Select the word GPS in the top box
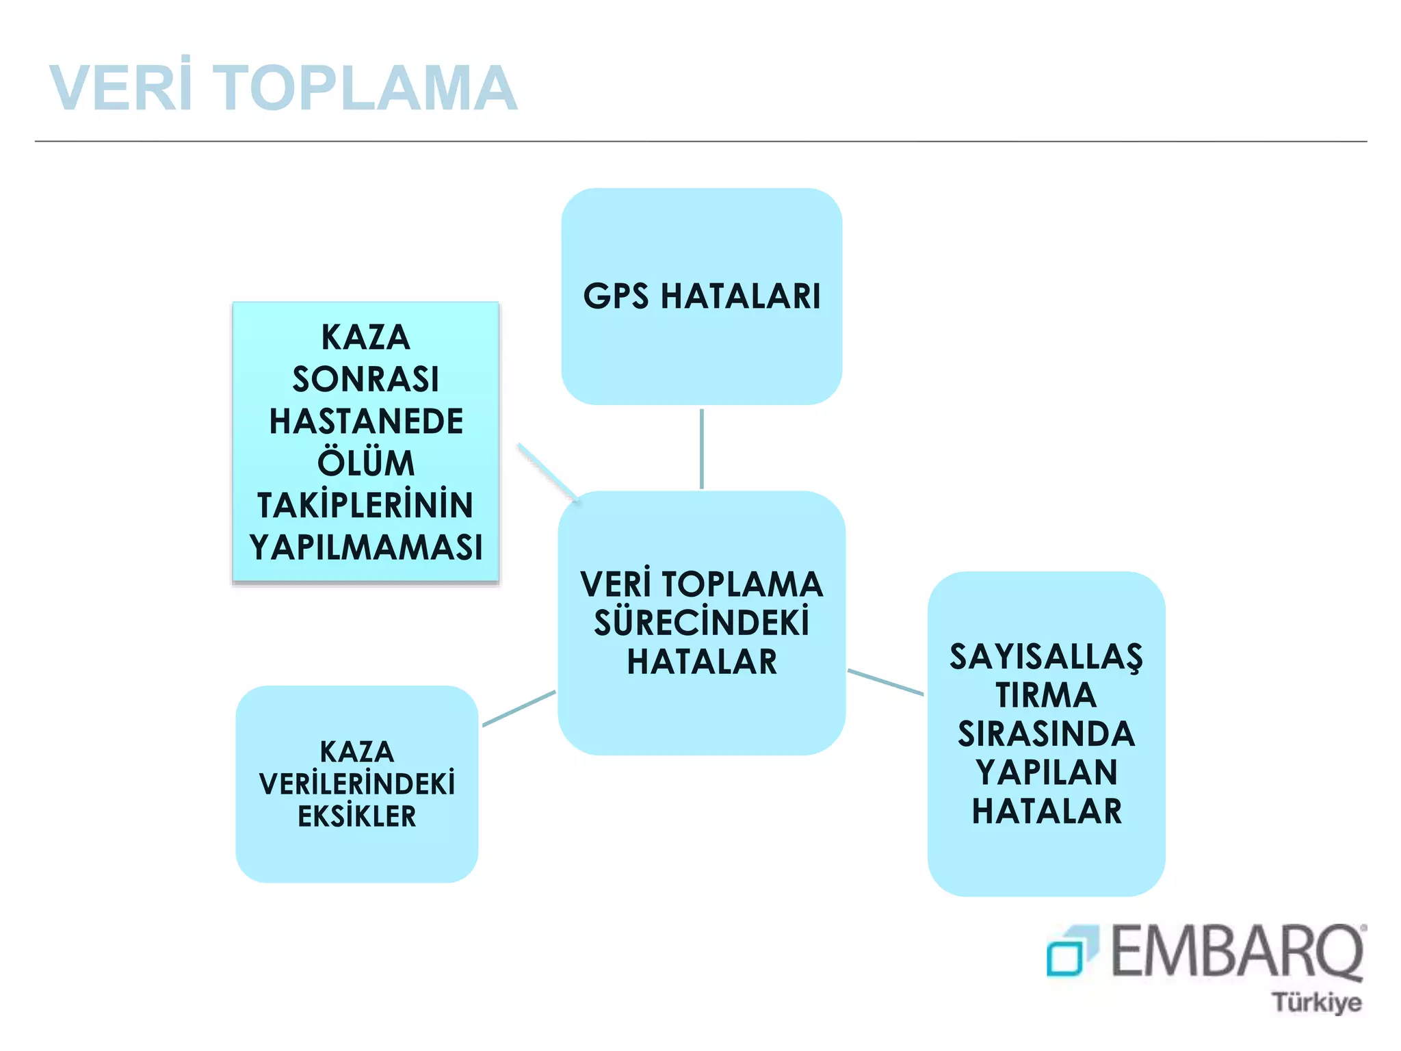click(616, 297)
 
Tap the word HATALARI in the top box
click(740, 297)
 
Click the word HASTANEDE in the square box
click(366, 421)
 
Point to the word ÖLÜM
click(366, 463)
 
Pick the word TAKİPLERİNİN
click(365, 505)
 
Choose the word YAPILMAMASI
click(366, 547)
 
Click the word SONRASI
click(366, 380)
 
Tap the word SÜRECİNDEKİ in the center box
click(702, 623)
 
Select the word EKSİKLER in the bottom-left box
click(356, 816)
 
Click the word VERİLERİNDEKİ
click(356, 784)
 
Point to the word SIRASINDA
click(1046, 734)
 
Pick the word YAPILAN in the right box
click(1046, 773)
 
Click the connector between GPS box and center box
click(702, 448)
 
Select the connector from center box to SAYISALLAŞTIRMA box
click(885, 682)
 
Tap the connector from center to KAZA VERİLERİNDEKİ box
click(519, 709)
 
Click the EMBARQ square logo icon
click(1071, 951)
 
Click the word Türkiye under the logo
click(1316, 1003)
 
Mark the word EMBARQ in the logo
click(1237, 951)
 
